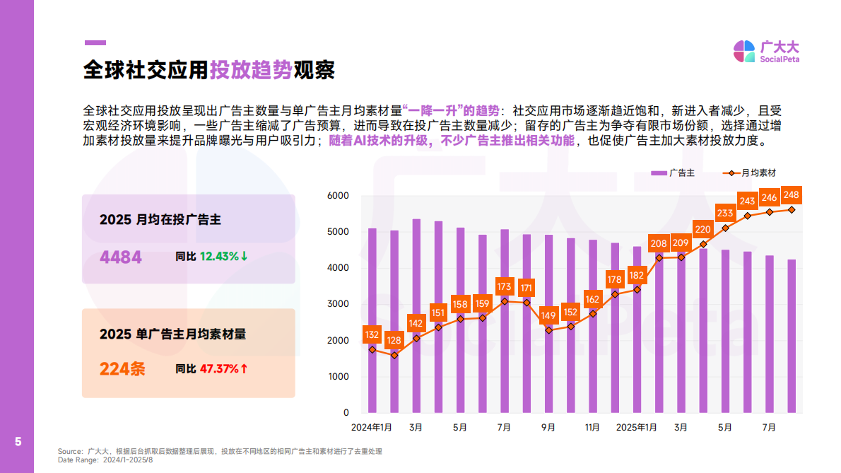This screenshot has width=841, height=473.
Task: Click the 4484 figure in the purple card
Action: (121, 257)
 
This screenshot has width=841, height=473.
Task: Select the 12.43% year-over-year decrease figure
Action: (223, 256)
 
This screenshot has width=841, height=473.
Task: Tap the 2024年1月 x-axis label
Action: (372, 428)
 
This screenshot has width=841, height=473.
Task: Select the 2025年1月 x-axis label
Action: (637, 428)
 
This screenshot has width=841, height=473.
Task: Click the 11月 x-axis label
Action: (593, 428)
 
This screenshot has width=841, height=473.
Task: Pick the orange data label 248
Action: (792, 195)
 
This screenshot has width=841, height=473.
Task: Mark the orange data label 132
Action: (372, 334)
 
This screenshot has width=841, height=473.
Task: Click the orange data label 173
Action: (505, 287)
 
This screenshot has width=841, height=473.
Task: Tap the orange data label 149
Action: (548, 315)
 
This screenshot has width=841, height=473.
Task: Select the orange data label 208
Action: (659, 244)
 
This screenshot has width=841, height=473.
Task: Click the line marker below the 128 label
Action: (394, 355)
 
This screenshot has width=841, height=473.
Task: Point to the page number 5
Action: (18, 443)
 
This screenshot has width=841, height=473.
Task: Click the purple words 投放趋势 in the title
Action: (251, 70)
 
